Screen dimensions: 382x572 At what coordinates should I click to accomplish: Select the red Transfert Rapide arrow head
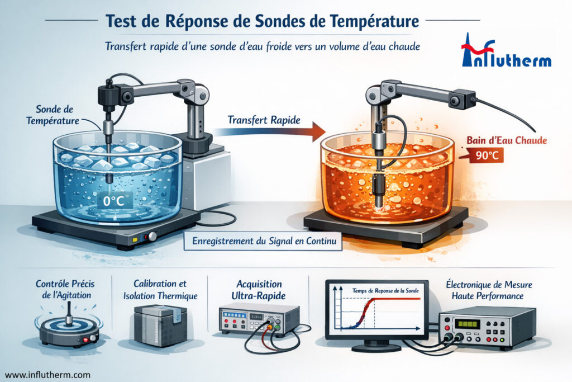(x=317, y=131)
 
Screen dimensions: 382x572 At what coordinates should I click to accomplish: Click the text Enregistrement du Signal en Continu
(x=263, y=242)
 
